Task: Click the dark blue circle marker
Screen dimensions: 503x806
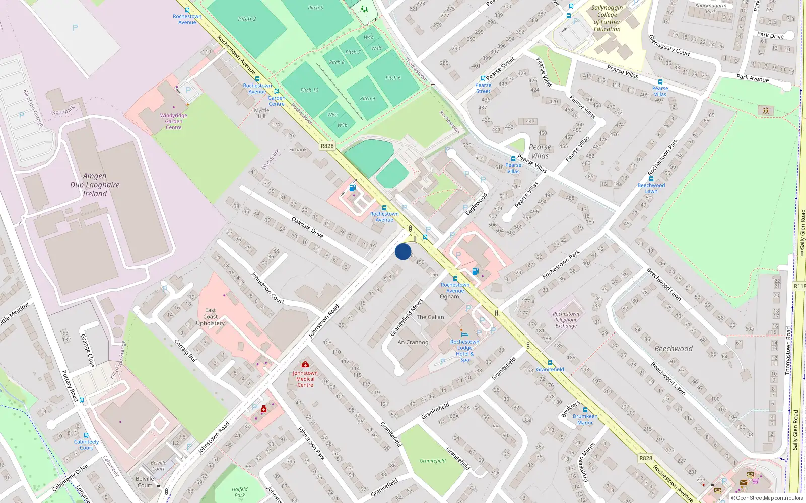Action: pos(403,251)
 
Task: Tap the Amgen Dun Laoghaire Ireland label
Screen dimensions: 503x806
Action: pos(95,185)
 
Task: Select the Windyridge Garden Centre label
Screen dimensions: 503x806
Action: pos(174,121)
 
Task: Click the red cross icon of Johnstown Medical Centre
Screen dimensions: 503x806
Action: pos(305,364)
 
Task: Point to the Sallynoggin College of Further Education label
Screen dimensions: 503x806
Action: pos(607,18)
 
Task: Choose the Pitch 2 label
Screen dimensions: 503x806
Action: pos(247,19)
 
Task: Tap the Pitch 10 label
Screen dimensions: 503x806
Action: pos(309,90)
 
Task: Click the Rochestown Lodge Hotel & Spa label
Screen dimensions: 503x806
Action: pos(464,351)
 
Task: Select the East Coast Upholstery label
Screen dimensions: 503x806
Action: pos(211,317)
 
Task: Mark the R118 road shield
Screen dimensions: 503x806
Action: pos(799,286)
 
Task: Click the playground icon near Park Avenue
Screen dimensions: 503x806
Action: pos(766,110)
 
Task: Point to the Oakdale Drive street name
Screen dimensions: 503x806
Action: pos(307,227)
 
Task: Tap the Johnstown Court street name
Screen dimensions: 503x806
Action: pos(267,288)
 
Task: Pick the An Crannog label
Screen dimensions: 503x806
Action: pos(413,342)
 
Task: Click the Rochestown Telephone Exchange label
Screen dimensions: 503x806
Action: pos(566,320)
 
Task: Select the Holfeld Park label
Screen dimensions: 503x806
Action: pos(240,492)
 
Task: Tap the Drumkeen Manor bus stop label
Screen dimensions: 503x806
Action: pos(585,420)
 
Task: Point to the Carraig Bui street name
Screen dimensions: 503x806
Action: pos(184,351)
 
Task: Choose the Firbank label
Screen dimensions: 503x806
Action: pos(298,149)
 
